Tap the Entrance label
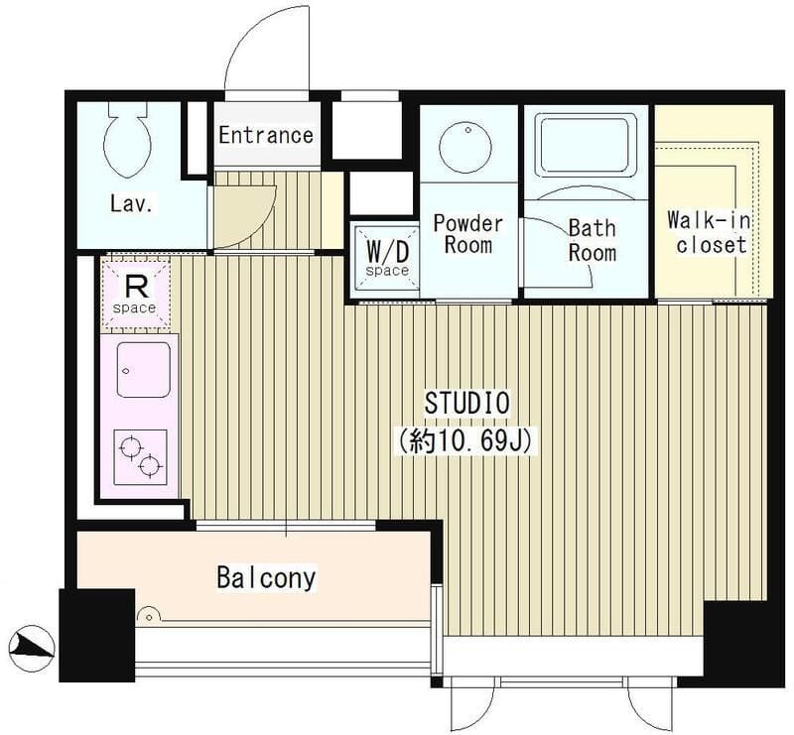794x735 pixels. point(266,135)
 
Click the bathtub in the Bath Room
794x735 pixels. point(587,146)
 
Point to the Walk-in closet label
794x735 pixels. point(710,232)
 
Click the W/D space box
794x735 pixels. point(387,258)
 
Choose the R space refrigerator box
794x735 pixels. point(135,294)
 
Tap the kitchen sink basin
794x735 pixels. point(143,370)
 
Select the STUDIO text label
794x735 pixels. point(466,403)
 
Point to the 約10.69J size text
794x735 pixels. point(465,441)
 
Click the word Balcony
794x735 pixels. point(266,577)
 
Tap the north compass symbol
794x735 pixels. point(32,649)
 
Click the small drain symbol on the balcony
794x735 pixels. point(149,614)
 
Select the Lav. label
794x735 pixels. point(131,203)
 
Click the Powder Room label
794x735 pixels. point(468,234)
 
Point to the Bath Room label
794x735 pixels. point(593,240)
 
